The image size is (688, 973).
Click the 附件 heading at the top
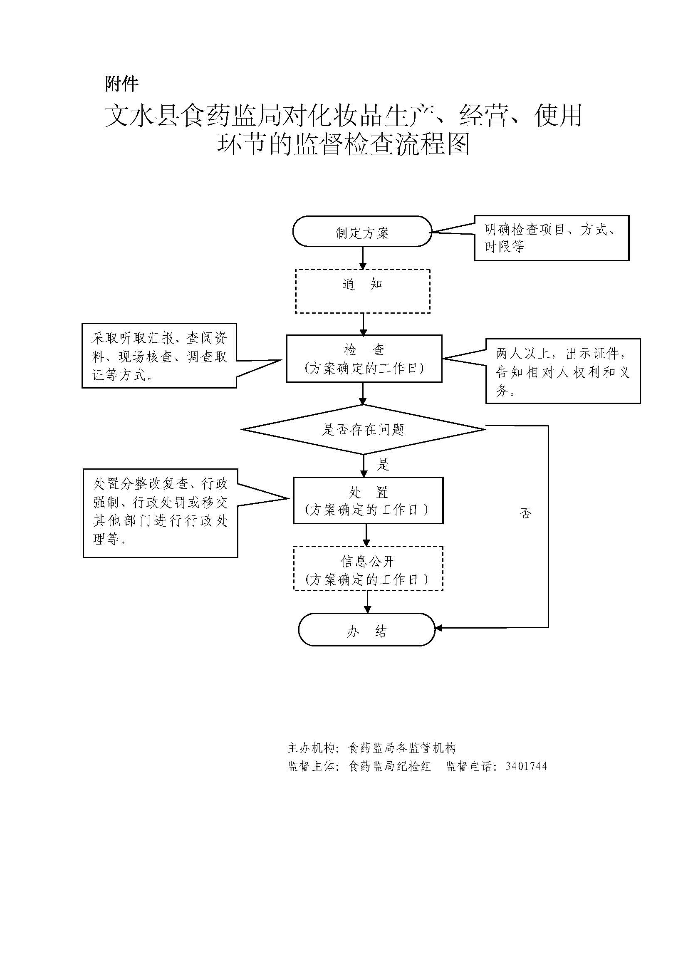pos(121,84)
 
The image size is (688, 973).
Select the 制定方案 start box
pos(362,231)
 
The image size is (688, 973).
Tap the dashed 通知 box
pos(363,291)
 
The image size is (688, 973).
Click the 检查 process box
pos(364,359)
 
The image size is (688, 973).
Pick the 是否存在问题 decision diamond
pos(364,430)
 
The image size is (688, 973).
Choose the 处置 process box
pos(368,500)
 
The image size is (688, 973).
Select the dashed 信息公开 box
pos(368,568)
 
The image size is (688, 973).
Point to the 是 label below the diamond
pos(383,465)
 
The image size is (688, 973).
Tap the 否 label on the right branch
pos(525,513)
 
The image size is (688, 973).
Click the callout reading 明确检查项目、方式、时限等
pos(551,238)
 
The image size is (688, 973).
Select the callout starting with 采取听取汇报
pos(159,356)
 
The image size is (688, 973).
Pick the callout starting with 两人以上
pos(563,371)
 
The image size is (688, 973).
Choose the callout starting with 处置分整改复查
pos(160,513)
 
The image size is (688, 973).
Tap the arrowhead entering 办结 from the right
pos(439,628)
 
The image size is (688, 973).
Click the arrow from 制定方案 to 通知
pos(363,257)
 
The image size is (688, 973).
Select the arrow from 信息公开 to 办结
pos(367,602)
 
